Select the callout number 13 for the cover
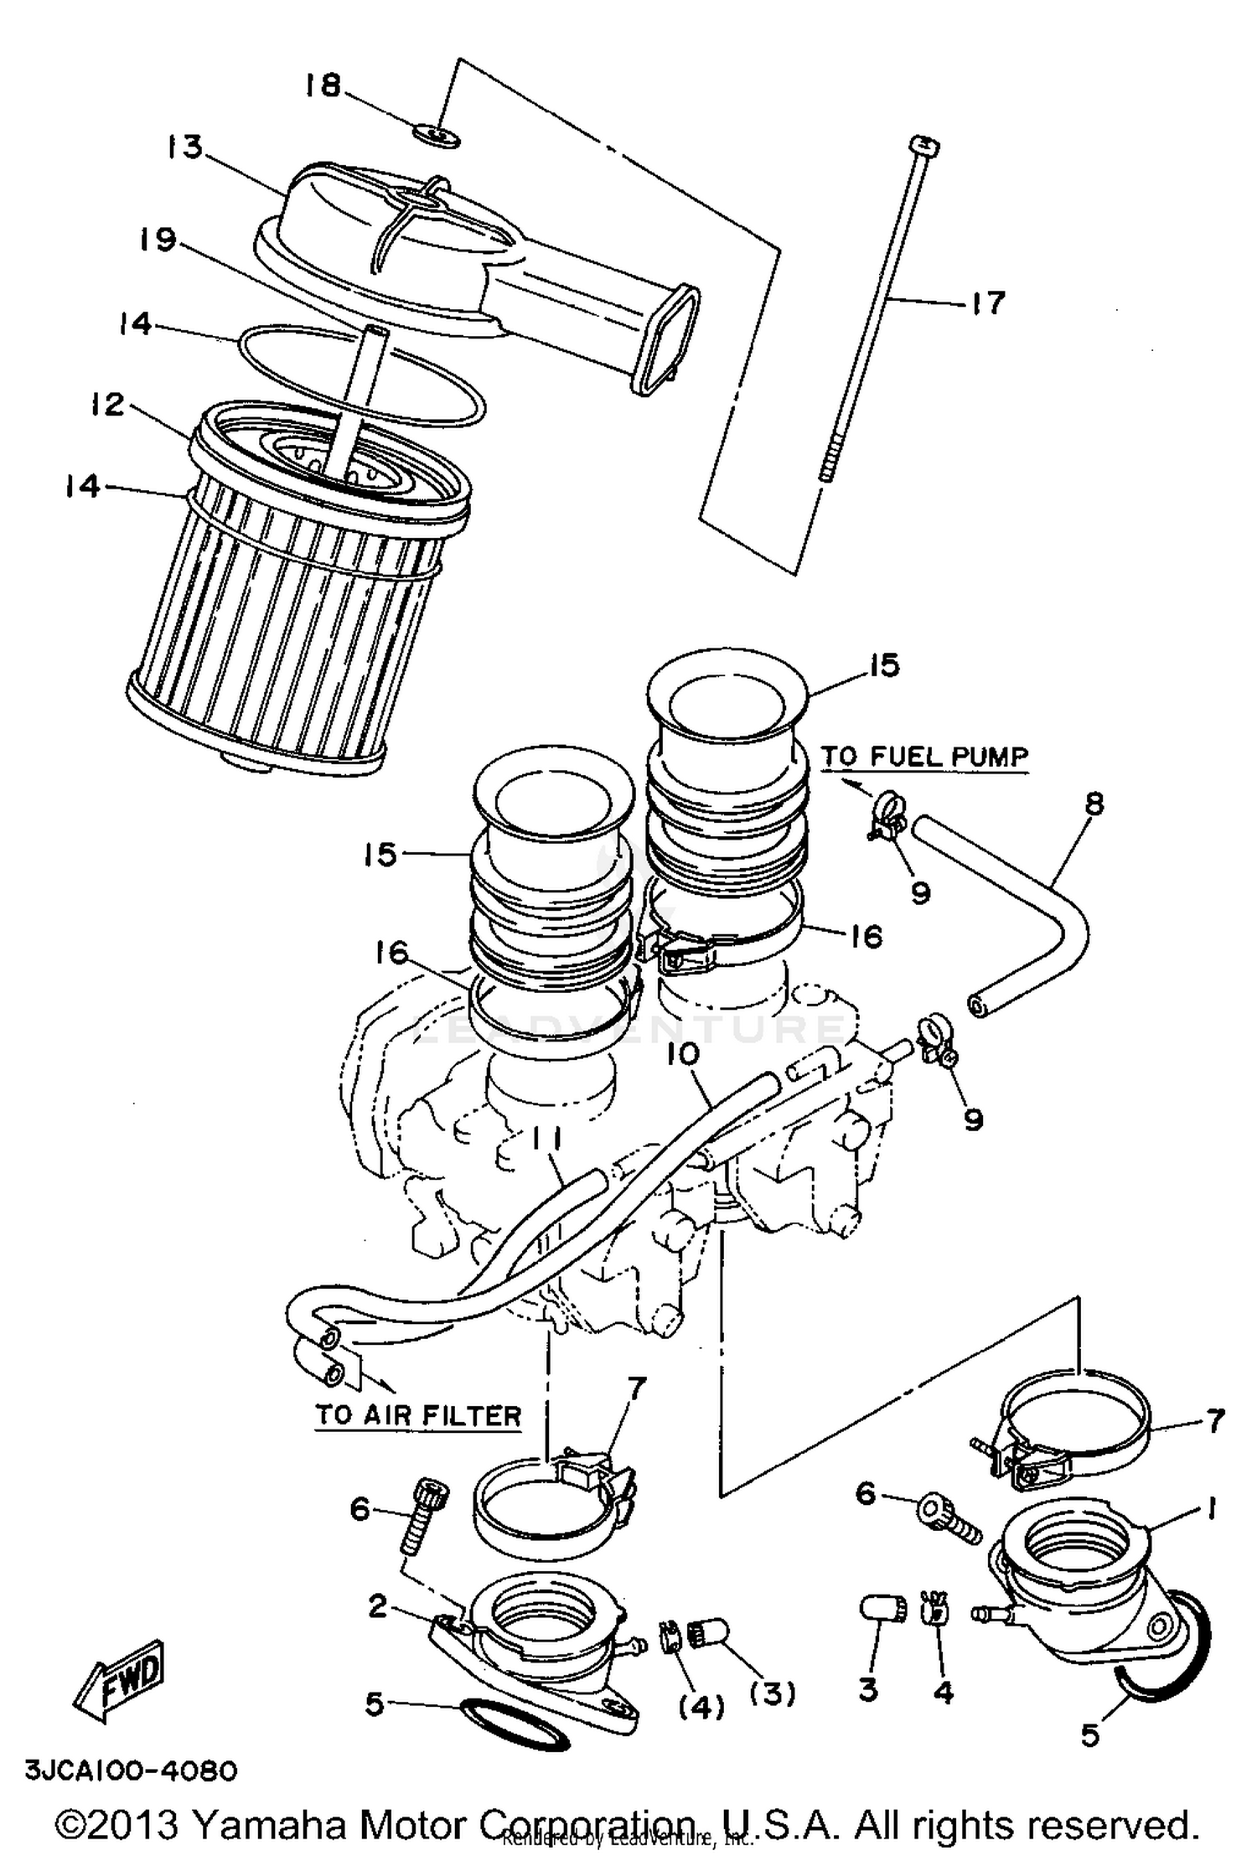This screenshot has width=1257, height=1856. pos(184,147)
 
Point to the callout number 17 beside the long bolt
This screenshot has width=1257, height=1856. pos(988,302)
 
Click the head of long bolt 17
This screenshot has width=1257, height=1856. pos(924,146)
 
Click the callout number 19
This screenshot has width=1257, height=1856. pos(158,240)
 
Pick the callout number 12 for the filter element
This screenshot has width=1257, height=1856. pos(108,405)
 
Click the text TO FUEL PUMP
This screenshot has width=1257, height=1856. pos(924,756)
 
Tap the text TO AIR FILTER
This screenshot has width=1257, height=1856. pos(418,1415)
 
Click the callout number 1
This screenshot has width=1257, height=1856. pos(1210,1508)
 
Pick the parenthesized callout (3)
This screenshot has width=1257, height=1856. pos(771,1693)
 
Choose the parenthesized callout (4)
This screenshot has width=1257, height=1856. pos(701,1707)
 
